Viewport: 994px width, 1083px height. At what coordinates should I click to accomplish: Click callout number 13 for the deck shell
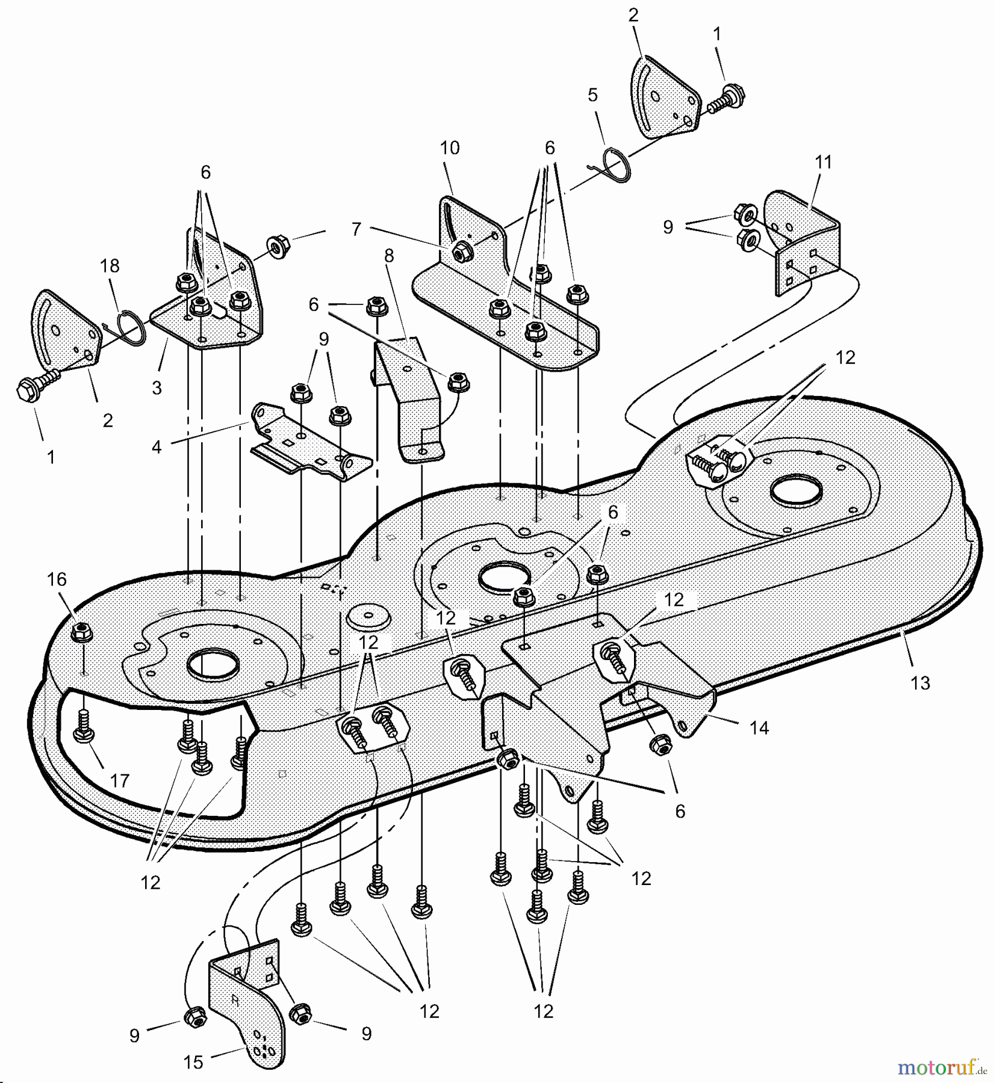click(x=921, y=683)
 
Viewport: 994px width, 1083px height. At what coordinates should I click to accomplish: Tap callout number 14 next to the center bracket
click(x=759, y=728)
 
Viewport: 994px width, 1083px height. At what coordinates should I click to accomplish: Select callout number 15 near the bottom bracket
click(x=193, y=1062)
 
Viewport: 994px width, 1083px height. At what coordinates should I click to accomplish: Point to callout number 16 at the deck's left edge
click(x=57, y=579)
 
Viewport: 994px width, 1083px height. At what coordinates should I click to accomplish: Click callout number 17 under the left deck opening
click(x=120, y=781)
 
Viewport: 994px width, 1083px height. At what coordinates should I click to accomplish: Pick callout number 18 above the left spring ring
click(x=110, y=265)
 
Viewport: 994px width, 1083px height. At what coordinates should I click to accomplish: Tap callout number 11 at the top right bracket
click(x=823, y=162)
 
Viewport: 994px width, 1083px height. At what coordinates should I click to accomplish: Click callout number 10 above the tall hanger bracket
click(x=450, y=148)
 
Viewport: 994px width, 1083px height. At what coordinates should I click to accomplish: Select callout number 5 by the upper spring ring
click(x=593, y=95)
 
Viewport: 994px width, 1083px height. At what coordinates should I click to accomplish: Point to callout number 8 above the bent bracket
click(x=389, y=256)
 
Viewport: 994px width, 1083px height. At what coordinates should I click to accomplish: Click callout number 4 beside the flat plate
click(x=157, y=447)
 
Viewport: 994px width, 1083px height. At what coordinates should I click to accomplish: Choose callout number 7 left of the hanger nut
click(x=356, y=229)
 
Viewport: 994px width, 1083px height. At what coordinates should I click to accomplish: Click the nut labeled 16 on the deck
click(x=81, y=632)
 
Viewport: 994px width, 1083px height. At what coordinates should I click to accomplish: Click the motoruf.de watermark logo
click(x=942, y=1069)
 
